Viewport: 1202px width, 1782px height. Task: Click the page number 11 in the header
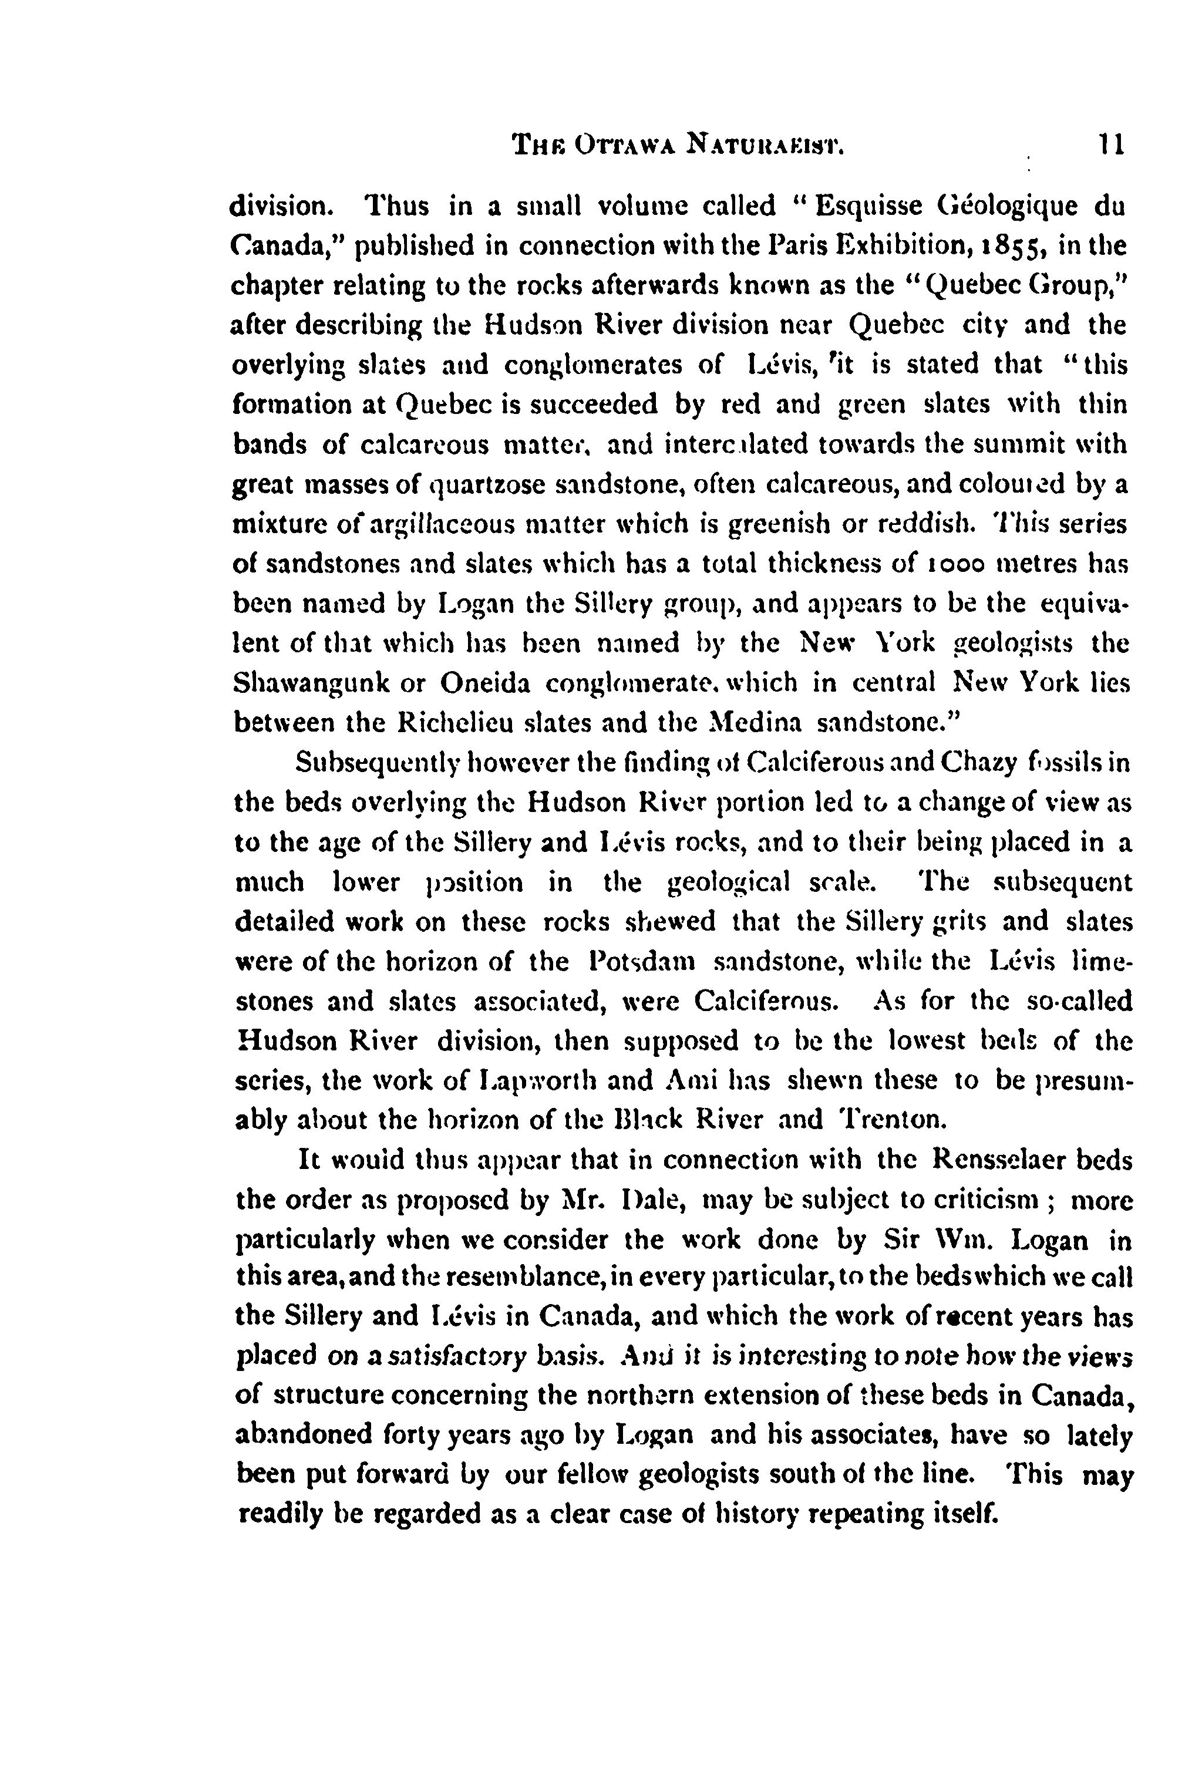point(1110,143)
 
